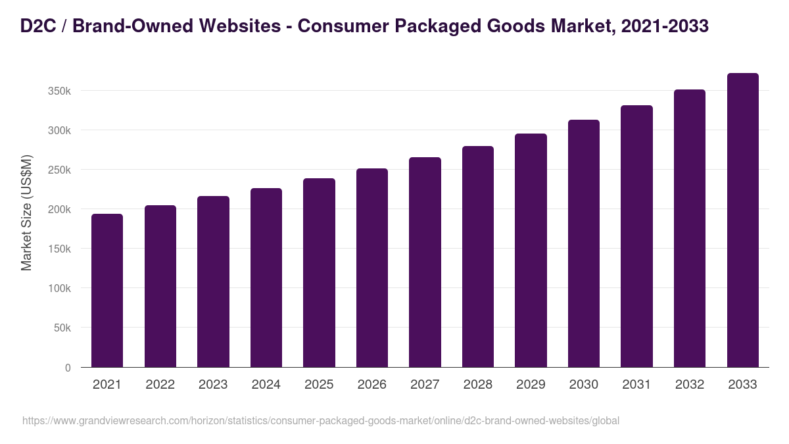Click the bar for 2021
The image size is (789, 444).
[x=107, y=290]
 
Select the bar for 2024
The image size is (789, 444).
[x=266, y=278]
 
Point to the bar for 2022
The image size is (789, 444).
[x=160, y=286]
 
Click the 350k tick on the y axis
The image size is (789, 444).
[x=59, y=91]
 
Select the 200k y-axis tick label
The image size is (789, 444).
[x=59, y=209]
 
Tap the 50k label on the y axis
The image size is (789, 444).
[x=62, y=328]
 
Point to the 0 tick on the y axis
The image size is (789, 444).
[x=68, y=368]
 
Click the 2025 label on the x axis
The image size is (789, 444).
[x=319, y=385]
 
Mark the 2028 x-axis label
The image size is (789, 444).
[x=477, y=385]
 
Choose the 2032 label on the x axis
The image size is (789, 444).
[x=689, y=385]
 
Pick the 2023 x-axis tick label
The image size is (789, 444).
[x=213, y=385]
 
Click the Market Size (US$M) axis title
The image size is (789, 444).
[x=26, y=212]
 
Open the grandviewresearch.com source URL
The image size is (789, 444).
[x=321, y=420]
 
